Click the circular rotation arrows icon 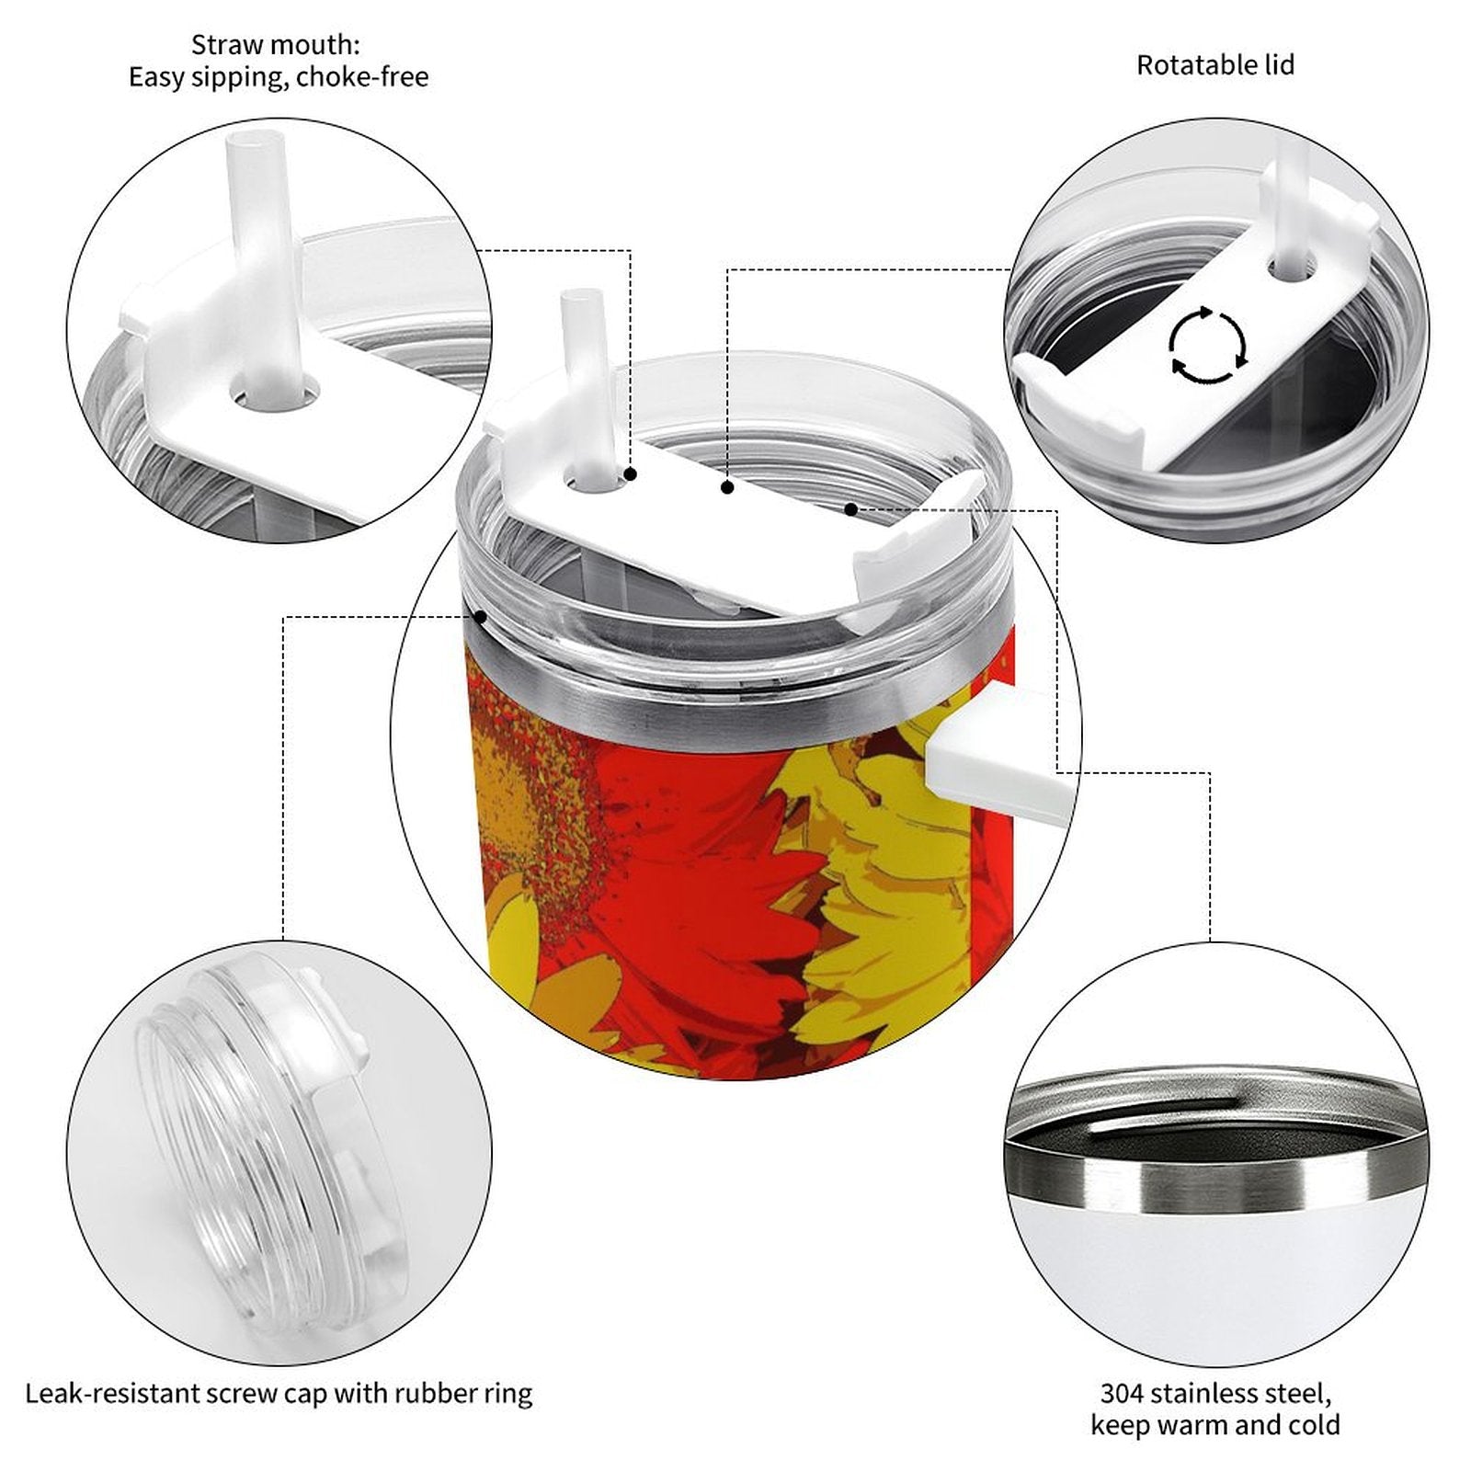tap(1208, 346)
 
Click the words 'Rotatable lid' tap(1215, 65)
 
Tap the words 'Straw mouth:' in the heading tap(276, 44)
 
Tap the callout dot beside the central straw tap(632, 474)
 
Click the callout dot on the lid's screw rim tap(479, 616)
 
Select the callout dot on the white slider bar tap(727, 487)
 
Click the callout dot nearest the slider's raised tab tap(851, 508)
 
